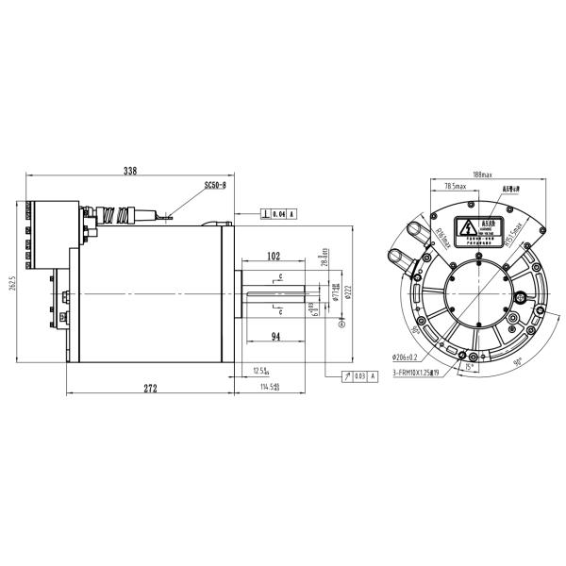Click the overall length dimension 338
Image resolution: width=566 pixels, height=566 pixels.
pyautogui.click(x=130, y=171)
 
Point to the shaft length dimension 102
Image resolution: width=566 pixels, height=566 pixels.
pyautogui.click(x=274, y=257)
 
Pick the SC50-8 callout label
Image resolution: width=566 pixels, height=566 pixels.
pyautogui.click(x=216, y=187)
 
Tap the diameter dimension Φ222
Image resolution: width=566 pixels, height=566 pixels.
pyautogui.click(x=348, y=294)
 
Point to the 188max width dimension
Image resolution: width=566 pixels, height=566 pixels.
pyautogui.click(x=483, y=175)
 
